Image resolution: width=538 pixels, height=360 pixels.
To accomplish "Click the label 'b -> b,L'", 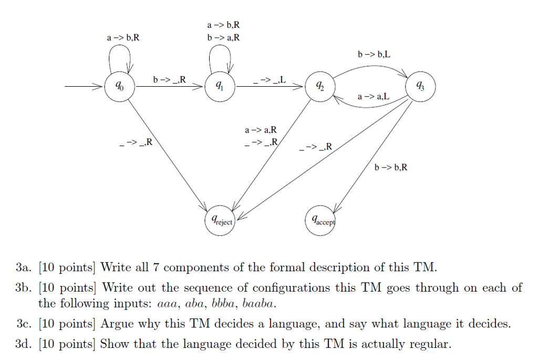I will (374, 54).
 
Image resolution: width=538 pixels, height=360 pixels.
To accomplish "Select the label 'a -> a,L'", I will (374, 97).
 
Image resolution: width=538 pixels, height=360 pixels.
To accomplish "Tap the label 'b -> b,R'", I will (390, 168).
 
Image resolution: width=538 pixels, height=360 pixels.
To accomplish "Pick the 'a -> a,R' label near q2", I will (261, 130).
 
